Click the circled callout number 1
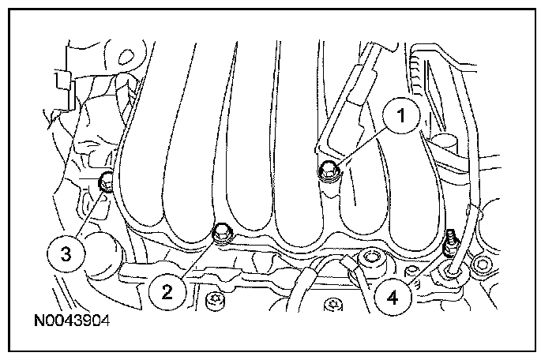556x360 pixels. pos(401,115)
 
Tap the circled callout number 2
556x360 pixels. pos(167,292)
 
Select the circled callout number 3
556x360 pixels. pos(66,254)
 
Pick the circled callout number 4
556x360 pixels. pos(393,298)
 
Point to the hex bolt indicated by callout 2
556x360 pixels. pos(222,234)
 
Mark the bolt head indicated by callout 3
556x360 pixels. pos(106,182)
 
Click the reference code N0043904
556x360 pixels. pos(72,321)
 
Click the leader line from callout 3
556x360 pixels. pos(90,215)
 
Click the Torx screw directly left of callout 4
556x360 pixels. pos(333,305)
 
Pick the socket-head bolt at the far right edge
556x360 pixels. pos(482,264)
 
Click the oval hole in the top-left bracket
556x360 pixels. pos(126,57)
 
